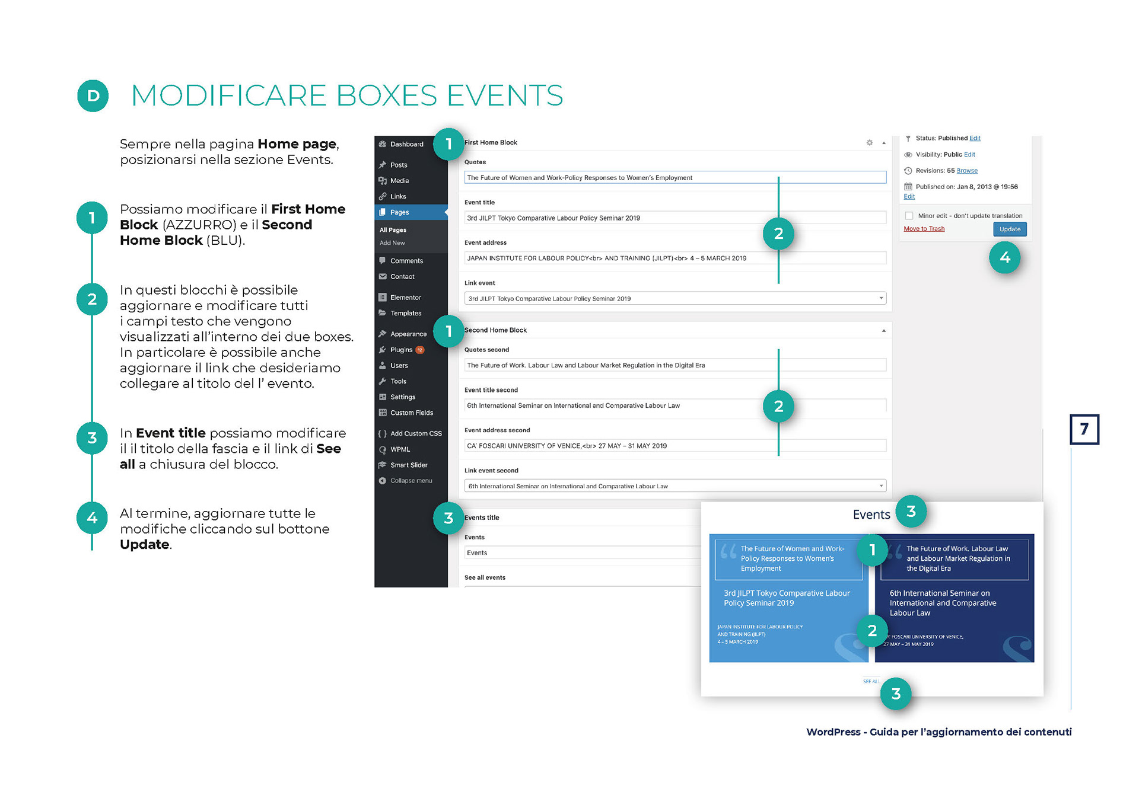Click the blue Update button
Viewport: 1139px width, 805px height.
point(1009,229)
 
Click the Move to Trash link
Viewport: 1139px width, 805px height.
point(924,229)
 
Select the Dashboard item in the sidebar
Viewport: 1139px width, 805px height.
point(406,144)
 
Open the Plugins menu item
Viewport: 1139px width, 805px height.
point(401,350)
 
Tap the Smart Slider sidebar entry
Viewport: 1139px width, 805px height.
point(408,465)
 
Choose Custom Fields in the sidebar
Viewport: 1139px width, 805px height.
point(411,413)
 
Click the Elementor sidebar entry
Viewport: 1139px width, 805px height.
point(405,298)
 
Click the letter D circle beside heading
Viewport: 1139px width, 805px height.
point(93,95)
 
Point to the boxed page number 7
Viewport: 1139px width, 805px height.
point(1084,429)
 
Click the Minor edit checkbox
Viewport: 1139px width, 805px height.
point(909,216)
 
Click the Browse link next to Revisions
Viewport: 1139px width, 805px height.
point(967,171)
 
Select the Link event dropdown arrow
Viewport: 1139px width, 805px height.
point(881,298)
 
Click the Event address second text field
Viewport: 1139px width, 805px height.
point(675,446)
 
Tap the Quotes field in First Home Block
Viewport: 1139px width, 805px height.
point(675,178)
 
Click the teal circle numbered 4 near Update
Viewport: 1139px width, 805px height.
point(1004,257)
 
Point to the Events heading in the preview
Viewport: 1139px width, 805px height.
point(871,515)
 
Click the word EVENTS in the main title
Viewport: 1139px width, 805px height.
point(504,95)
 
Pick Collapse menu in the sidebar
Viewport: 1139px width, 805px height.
point(411,481)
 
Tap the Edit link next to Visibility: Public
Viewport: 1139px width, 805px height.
point(969,155)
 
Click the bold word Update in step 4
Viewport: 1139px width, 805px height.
point(144,545)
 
